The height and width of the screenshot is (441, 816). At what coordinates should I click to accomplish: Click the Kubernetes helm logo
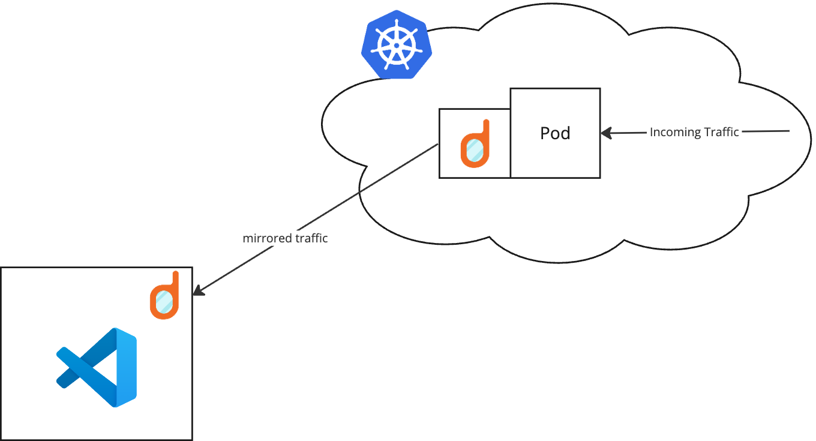(x=396, y=44)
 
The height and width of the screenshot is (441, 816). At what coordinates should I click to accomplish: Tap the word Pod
(x=555, y=133)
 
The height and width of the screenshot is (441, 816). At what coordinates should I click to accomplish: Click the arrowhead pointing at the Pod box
(x=605, y=133)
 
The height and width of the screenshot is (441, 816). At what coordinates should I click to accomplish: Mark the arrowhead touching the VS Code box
(x=198, y=290)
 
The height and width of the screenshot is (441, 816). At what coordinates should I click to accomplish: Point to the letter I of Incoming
(x=652, y=132)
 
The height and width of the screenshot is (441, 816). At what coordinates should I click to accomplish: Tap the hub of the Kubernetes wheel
(x=396, y=45)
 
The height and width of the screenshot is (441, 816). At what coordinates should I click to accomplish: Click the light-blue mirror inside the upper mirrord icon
(x=474, y=151)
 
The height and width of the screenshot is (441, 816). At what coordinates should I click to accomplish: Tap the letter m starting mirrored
(x=247, y=239)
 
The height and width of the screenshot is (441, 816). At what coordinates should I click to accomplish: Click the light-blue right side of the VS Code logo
(x=127, y=367)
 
